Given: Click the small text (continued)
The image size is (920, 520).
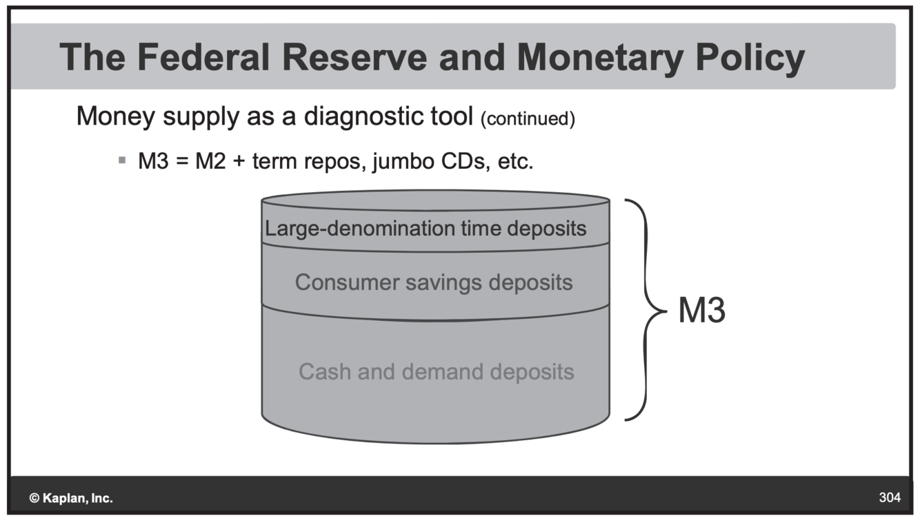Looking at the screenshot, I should click(528, 119).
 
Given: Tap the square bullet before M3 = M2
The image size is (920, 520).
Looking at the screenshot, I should click(122, 160).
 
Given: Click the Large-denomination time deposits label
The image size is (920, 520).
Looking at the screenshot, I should click(426, 228).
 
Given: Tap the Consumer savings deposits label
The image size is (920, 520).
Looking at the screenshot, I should click(434, 282).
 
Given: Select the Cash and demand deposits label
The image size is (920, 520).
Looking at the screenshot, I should click(436, 372).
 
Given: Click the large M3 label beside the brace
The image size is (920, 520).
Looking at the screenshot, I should click(702, 311).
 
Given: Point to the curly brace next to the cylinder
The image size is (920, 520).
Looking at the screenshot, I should click(647, 310).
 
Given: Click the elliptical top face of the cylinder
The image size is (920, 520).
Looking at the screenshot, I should click(435, 200).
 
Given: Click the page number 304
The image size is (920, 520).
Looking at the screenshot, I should click(890, 497).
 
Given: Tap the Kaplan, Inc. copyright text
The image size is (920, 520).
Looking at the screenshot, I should click(71, 498).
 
